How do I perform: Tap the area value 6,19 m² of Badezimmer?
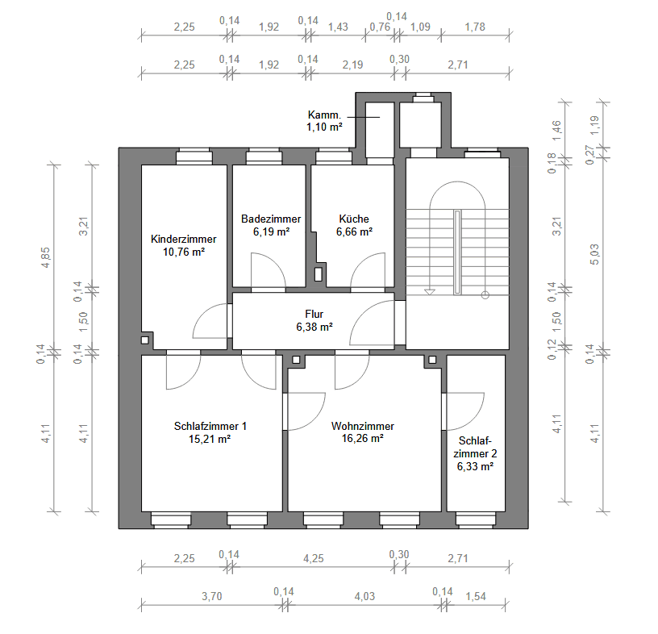click(x=270, y=231)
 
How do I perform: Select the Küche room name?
click(x=354, y=219)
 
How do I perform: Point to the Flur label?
click(x=314, y=314)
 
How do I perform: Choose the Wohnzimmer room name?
click(x=362, y=426)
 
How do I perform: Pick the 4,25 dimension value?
click(x=314, y=555)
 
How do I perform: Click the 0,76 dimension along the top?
click(x=379, y=27)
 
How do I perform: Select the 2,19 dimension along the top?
click(x=352, y=65)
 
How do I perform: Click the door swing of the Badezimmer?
click(x=267, y=271)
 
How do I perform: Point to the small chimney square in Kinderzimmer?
click(x=145, y=340)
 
